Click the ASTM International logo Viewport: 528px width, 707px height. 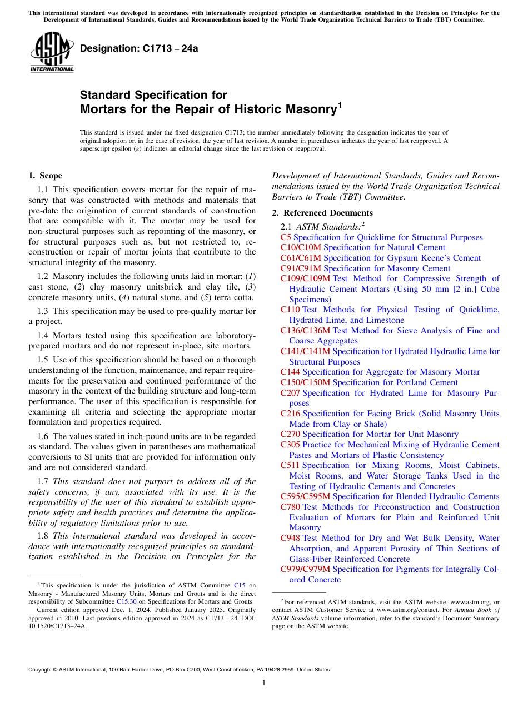coord(51,52)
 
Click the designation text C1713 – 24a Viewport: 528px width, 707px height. coord(139,49)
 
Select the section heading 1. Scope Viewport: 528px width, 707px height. coord(45,176)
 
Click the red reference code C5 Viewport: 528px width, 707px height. coord(286,237)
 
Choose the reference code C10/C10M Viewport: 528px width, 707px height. coord(301,247)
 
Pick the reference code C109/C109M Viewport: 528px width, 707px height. coord(305,278)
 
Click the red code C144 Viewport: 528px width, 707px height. coord(290,372)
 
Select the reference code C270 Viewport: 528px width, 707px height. coord(290,434)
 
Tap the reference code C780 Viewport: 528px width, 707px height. coord(290,507)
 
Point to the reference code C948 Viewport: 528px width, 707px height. coord(290,538)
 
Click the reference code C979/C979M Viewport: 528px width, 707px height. coord(305,569)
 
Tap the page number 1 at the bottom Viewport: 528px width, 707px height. coord(264,683)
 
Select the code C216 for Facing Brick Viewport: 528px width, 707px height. coord(290,414)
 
